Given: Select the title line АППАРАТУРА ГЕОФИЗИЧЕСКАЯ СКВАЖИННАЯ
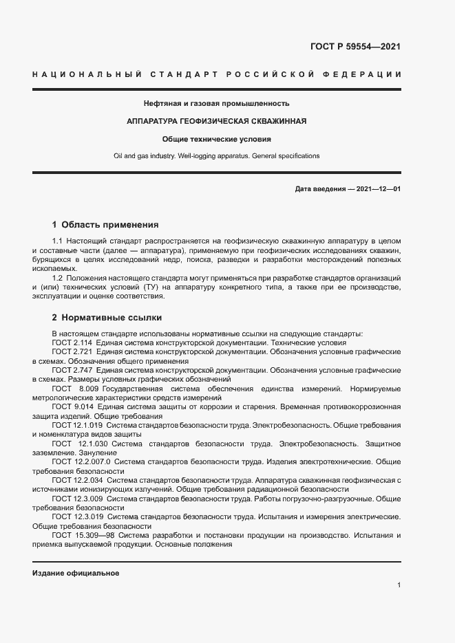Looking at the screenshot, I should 217,121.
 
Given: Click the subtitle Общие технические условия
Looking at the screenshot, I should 217,139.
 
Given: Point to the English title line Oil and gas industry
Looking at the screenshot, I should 217,156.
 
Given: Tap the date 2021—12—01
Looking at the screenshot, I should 378,188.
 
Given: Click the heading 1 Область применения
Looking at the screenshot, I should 105,225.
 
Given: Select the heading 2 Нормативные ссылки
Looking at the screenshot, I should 107,318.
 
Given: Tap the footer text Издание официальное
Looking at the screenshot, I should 76,573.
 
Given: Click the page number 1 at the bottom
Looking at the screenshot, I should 399,585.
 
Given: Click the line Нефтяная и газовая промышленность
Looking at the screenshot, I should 217,104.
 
